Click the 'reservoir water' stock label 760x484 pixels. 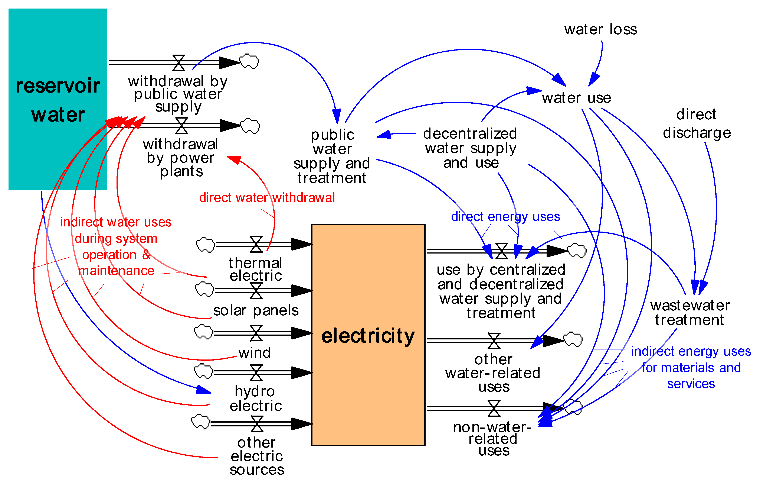[58, 100]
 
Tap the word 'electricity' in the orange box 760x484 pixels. [368, 336]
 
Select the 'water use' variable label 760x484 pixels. [576, 98]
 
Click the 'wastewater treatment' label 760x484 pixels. [690, 313]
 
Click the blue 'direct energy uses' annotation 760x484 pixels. [505, 217]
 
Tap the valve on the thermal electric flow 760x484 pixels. [256, 244]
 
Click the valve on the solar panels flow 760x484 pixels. [256, 291]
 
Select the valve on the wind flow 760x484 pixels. [256, 333]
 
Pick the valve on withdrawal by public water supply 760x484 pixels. [179, 62]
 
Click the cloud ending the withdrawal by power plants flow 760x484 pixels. [250, 126]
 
